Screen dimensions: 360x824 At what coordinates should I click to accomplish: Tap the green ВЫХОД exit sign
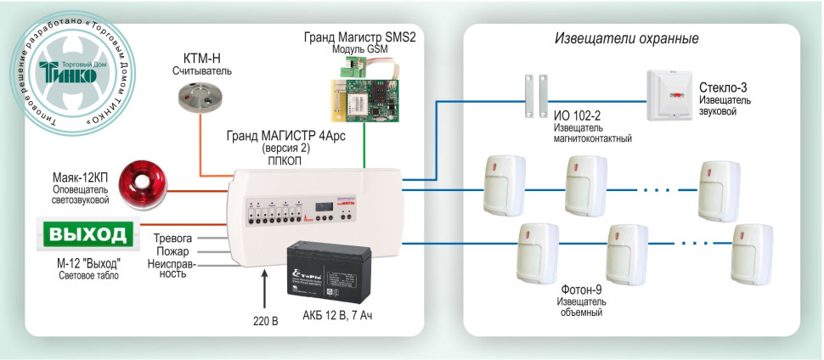[88, 234]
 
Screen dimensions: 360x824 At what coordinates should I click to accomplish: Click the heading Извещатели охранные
[626, 39]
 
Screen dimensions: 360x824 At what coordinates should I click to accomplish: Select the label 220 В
[266, 321]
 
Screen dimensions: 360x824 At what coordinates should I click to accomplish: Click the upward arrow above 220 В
[266, 289]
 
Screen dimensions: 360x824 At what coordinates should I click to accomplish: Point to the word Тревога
[173, 238]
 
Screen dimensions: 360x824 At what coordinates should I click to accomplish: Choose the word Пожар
[173, 251]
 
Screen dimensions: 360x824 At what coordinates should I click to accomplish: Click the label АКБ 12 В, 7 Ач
[337, 316]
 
